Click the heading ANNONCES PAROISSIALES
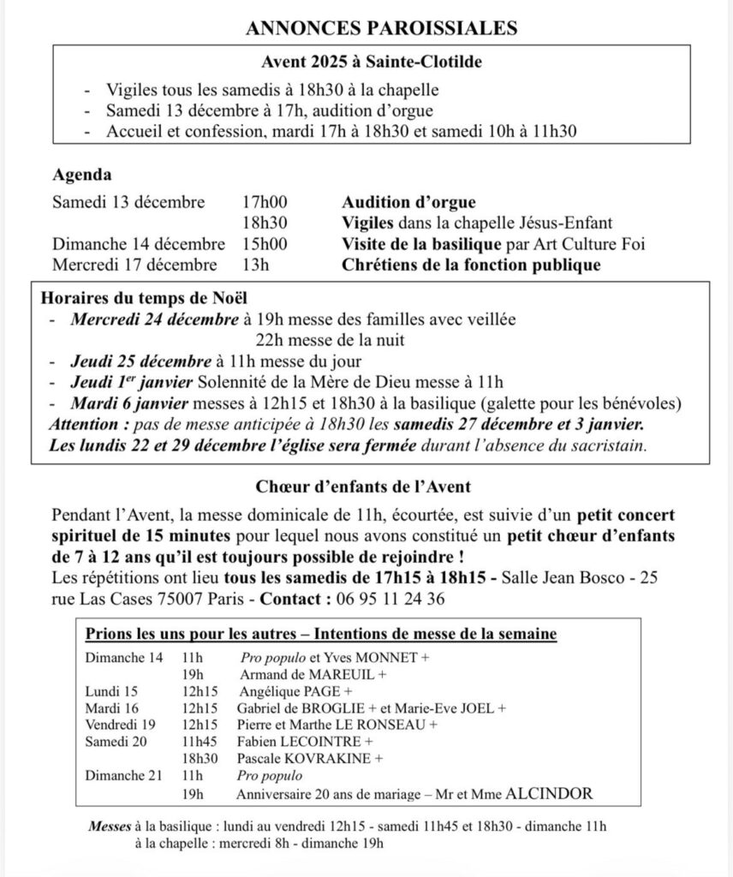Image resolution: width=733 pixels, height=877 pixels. [382, 28]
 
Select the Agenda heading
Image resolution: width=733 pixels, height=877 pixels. [82, 175]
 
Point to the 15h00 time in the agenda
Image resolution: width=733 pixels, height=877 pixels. [265, 244]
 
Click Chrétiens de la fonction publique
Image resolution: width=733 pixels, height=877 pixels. [471, 265]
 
